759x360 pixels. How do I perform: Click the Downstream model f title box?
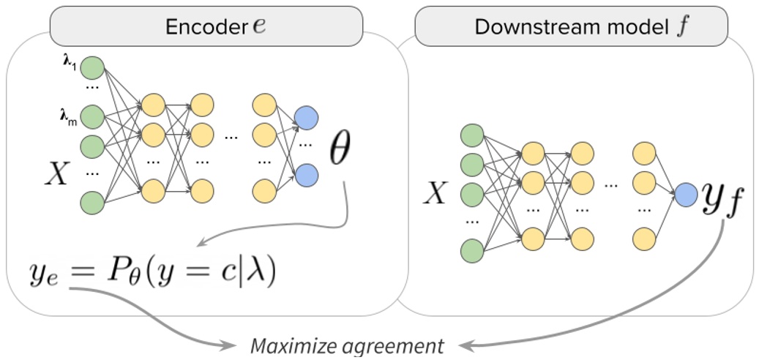point(571,28)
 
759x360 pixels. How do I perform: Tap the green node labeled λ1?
point(92,69)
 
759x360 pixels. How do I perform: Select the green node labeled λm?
point(92,116)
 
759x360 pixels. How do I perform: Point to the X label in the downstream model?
point(436,193)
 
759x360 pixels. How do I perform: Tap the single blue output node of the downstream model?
point(686,195)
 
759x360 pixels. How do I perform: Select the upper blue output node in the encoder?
point(306,117)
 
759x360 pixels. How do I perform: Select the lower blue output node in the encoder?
point(306,174)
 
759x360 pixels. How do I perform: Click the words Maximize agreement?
point(347,345)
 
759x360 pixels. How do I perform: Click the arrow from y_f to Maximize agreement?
point(659,307)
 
